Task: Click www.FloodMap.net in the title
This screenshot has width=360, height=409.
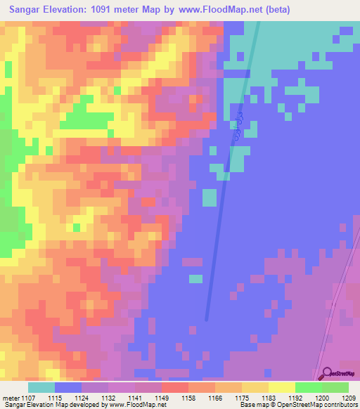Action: pyautogui.click(x=219, y=10)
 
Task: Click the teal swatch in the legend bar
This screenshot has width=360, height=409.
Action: pyautogui.click(x=41, y=387)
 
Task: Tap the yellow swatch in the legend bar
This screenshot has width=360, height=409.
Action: pyautogui.click(x=281, y=387)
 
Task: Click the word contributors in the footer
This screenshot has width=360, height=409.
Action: pyautogui.click(x=337, y=405)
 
